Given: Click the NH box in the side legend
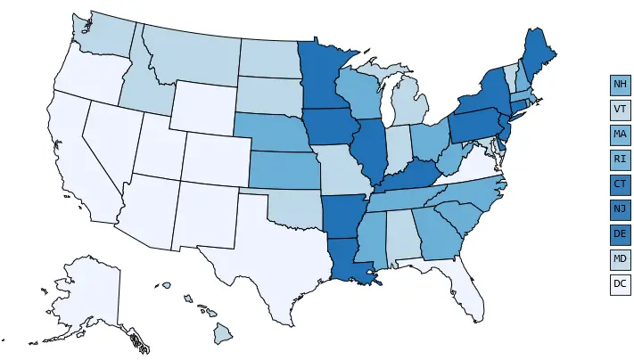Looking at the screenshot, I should (621, 86).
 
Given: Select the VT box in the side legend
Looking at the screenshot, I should (621, 110).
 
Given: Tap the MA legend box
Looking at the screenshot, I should (621, 135).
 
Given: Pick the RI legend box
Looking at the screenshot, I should (621, 160).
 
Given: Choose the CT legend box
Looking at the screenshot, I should (621, 185).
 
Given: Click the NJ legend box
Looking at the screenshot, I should (621, 210).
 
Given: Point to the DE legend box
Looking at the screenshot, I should (621, 235).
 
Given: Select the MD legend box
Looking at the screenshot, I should (621, 260).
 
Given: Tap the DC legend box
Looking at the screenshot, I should (621, 285).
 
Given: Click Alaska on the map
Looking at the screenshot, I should (89, 294).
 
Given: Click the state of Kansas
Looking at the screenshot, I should (283, 170).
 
